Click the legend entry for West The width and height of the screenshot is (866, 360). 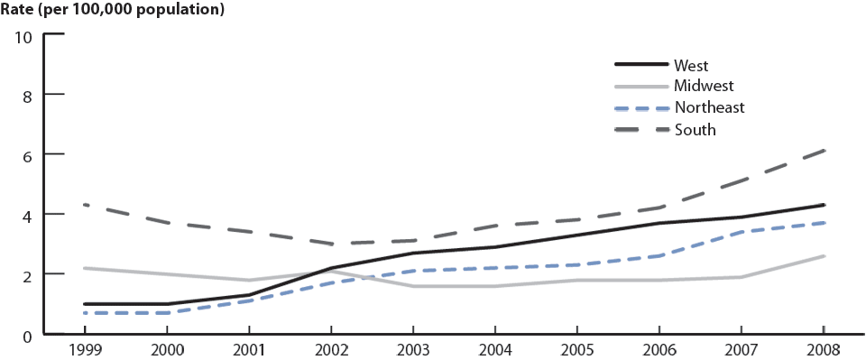point(690,65)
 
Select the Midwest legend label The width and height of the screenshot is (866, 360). point(703,86)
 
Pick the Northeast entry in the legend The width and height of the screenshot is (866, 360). point(708,107)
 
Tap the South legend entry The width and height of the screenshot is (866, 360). point(694,129)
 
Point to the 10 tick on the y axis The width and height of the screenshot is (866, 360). point(23,36)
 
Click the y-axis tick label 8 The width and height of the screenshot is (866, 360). point(27,95)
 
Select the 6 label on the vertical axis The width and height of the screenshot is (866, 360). point(27,155)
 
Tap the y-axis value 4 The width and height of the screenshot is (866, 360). point(27,215)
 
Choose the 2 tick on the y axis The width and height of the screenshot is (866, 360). point(27,274)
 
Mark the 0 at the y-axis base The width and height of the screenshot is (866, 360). point(27,335)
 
